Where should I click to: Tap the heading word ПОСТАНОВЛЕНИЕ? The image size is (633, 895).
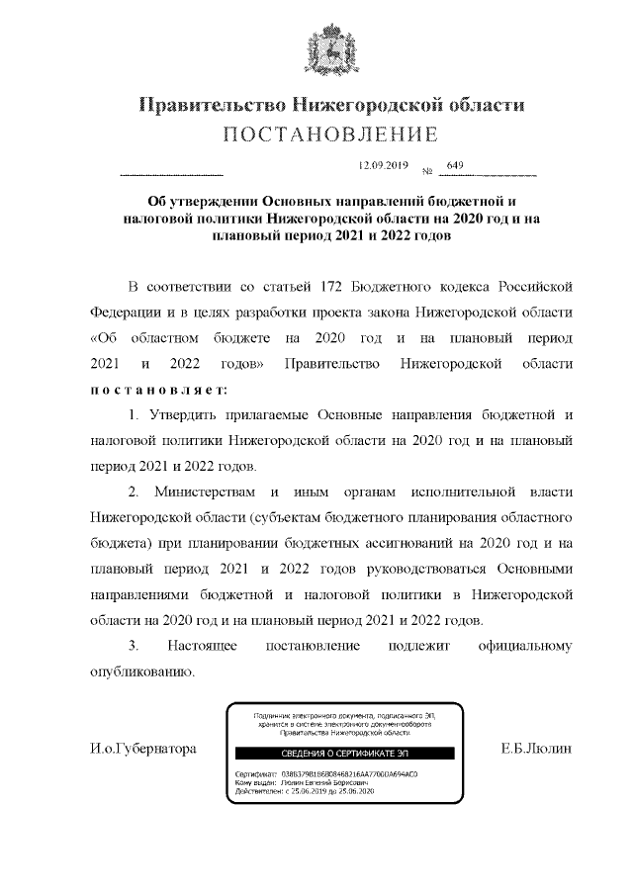(x=329, y=134)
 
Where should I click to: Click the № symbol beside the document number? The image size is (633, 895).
(x=428, y=171)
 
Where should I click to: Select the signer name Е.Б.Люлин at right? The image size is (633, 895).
(x=538, y=750)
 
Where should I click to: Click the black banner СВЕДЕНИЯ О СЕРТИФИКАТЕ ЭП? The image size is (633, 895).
(x=329, y=753)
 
